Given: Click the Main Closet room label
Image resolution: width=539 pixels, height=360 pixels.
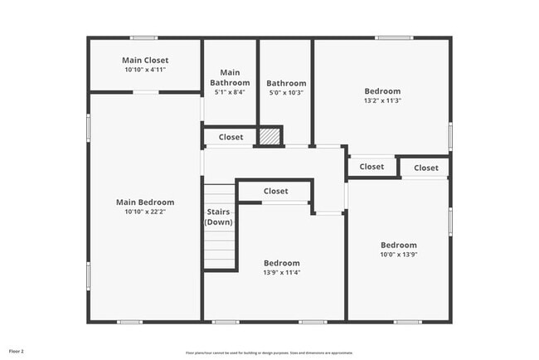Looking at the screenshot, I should (145, 60).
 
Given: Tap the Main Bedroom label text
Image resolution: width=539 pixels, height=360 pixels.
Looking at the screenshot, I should (145, 202).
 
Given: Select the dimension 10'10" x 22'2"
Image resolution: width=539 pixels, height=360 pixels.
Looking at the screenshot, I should (145, 212).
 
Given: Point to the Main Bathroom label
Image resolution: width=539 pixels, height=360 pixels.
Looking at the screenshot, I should (230, 77).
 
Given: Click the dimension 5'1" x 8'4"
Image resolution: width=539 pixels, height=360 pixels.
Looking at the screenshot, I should (230, 92).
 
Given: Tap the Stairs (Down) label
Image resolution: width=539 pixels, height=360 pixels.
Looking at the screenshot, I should (219, 216).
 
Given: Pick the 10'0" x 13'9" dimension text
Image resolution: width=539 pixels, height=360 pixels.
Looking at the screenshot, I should (399, 255).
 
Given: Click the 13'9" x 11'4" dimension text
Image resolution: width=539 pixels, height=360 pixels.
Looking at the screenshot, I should (281, 272).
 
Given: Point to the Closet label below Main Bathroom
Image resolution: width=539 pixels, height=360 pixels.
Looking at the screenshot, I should (231, 137).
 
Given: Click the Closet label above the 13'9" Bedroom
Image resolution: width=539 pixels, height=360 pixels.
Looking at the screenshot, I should (276, 191).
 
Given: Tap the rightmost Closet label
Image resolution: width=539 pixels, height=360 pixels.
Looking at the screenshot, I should (426, 168).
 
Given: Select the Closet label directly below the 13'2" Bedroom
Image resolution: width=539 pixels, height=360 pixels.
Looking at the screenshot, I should (371, 167).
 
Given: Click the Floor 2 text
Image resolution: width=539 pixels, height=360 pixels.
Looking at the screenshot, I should (17, 350).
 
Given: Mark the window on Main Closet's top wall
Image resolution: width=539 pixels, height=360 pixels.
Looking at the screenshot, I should (144, 37).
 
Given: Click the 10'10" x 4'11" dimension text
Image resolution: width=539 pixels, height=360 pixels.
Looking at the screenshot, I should (145, 70).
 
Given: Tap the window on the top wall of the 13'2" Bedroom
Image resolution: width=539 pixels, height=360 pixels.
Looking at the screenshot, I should (393, 37).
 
